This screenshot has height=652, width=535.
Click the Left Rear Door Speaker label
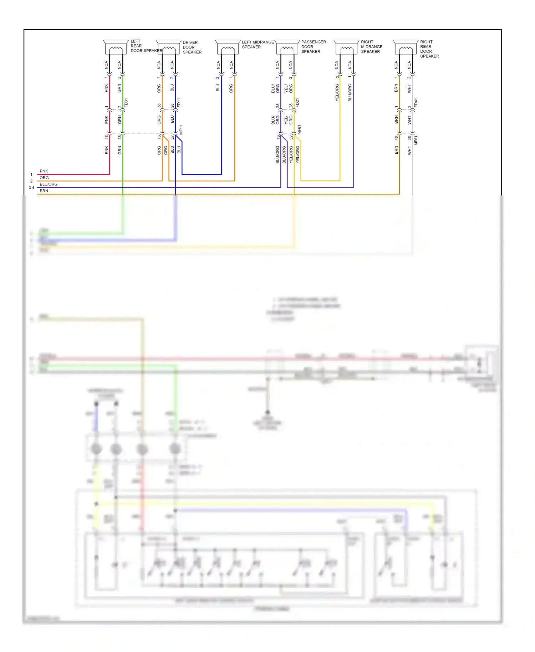pyautogui.click(x=146, y=46)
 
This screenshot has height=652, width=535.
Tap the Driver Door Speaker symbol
pyautogui.click(x=168, y=47)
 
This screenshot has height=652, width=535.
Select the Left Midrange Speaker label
pyautogui.click(x=258, y=44)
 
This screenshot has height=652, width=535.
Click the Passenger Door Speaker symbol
pyautogui.click(x=287, y=47)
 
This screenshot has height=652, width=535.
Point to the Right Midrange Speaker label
pyautogui.click(x=371, y=47)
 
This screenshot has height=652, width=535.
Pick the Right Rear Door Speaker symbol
pyautogui.click(x=406, y=47)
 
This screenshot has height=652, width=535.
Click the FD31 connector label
pyautogui.click(x=126, y=103)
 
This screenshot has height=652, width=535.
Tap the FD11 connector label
pyautogui.click(x=179, y=103)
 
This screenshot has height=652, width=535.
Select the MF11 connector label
pyautogui.click(x=181, y=130)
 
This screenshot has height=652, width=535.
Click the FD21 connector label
pyautogui.click(x=298, y=103)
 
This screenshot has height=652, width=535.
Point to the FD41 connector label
pyautogui.click(x=416, y=103)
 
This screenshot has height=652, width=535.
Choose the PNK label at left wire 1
pyautogui.click(x=44, y=171)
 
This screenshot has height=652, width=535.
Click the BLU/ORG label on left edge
pyautogui.click(x=49, y=184)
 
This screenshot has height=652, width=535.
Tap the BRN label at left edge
pyautogui.click(x=44, y=191)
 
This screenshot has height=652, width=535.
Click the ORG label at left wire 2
pyautogui.click(x=44, y=178)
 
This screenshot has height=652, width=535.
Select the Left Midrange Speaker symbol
pyautogui.click(x=228, y=47)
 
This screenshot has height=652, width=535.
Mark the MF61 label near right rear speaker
pyautogui.click(x=416, y=140)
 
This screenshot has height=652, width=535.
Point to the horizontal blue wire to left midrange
pyautogui.click(x=202, y=174)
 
